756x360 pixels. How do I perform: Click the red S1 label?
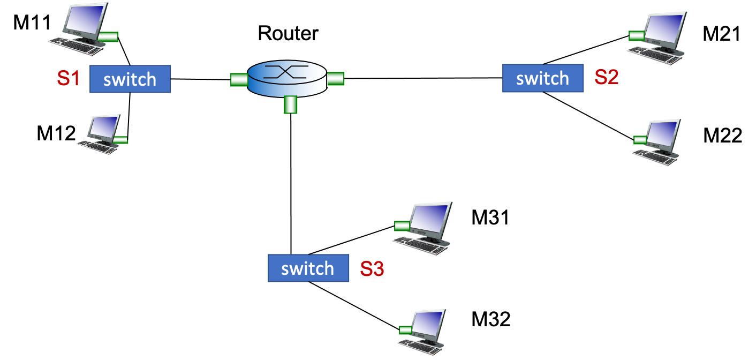point(68,79)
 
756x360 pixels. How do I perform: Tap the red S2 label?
point(607,78)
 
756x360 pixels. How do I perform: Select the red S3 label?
point(372,268)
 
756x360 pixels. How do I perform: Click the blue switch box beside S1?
point(130,79)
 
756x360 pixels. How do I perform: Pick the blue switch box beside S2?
point(543,78)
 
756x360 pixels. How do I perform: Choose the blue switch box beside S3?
point(308,268)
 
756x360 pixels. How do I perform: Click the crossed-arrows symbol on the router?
point(286,72)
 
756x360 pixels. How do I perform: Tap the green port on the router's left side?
point(239,80)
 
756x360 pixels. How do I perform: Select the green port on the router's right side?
point(336,79)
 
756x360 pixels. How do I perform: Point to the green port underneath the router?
point(290,104)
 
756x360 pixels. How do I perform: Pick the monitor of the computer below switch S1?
point(104,127)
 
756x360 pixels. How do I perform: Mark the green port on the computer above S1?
point(109,37)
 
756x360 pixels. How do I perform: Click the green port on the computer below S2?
point(640,140)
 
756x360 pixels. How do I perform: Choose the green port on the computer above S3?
point(402,226)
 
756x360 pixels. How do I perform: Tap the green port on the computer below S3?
point(405,329)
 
